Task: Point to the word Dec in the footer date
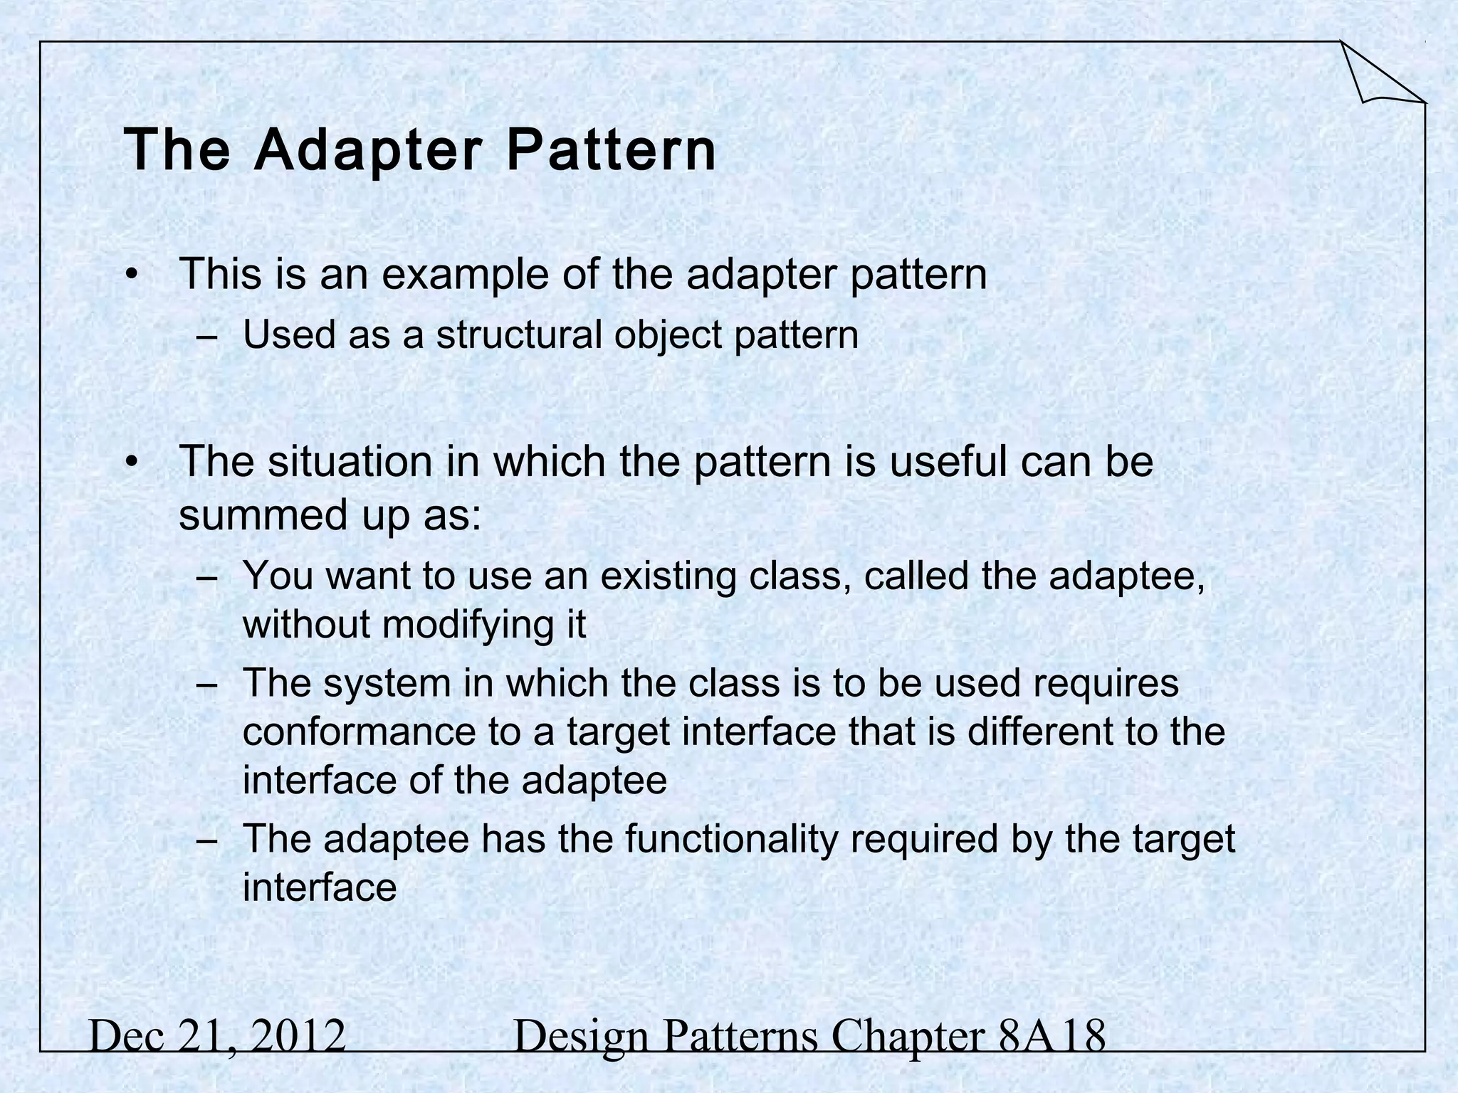coord(119,1036)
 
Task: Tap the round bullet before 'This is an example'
coord(130,275)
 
